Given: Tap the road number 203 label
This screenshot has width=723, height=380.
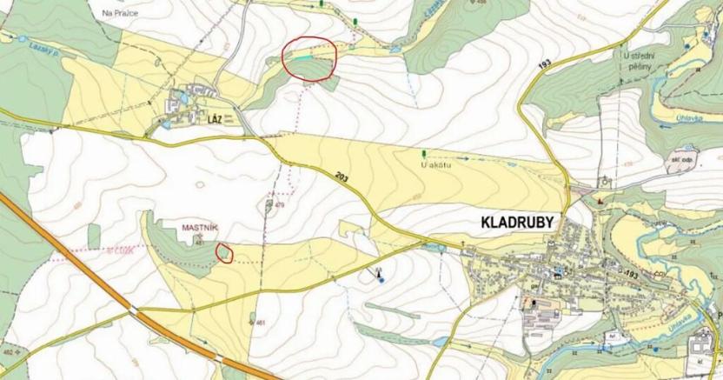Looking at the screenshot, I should (342, 177).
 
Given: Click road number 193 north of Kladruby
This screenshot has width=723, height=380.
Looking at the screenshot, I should (544, 66).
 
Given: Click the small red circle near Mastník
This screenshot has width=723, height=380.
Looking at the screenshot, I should (224, 253).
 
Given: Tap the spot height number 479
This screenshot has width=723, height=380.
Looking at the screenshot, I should (281, 206).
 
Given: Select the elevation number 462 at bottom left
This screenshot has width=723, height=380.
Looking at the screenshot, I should (8, 352).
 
